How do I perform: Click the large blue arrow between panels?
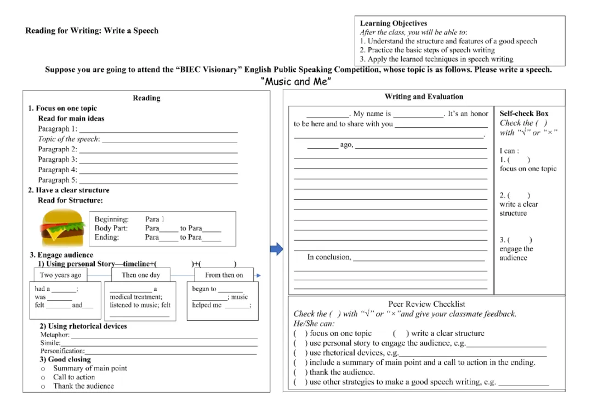pyautogui.click(x=277, y=250)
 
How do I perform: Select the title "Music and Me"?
pyautogui.click(x=297, y=82)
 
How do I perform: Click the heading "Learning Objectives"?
pyautogui.click(x=393, y=24)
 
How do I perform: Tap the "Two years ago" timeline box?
pyautogui.click(x=61, y=275)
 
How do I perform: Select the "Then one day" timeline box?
pyautogui.click(x=141, y=275)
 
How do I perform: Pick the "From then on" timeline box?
pyautogui.click(x=224, y=275)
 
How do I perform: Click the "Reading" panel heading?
pyautogui.click(x=146, y=98)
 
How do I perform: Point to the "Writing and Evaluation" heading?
pyautogui.click(x=424, y=97)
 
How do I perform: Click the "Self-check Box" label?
pyautogui.click(x=523, y=114)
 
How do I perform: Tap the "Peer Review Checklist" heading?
pyautogui.click(x=426, y=304)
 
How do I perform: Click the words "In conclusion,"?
pyautogui.click(x=329, y=257)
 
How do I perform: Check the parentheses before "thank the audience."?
pyautogui.click(x=300, y=372)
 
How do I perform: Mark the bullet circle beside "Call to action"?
pyautogui.click(x=43, y=377)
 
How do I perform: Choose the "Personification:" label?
pyautogui.click(x=62, y=351)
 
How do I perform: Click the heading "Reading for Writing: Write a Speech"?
pyautogui.click(x=92, y=31)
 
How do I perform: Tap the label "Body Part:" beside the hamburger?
pyautogui.click(x=111, y=228)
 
